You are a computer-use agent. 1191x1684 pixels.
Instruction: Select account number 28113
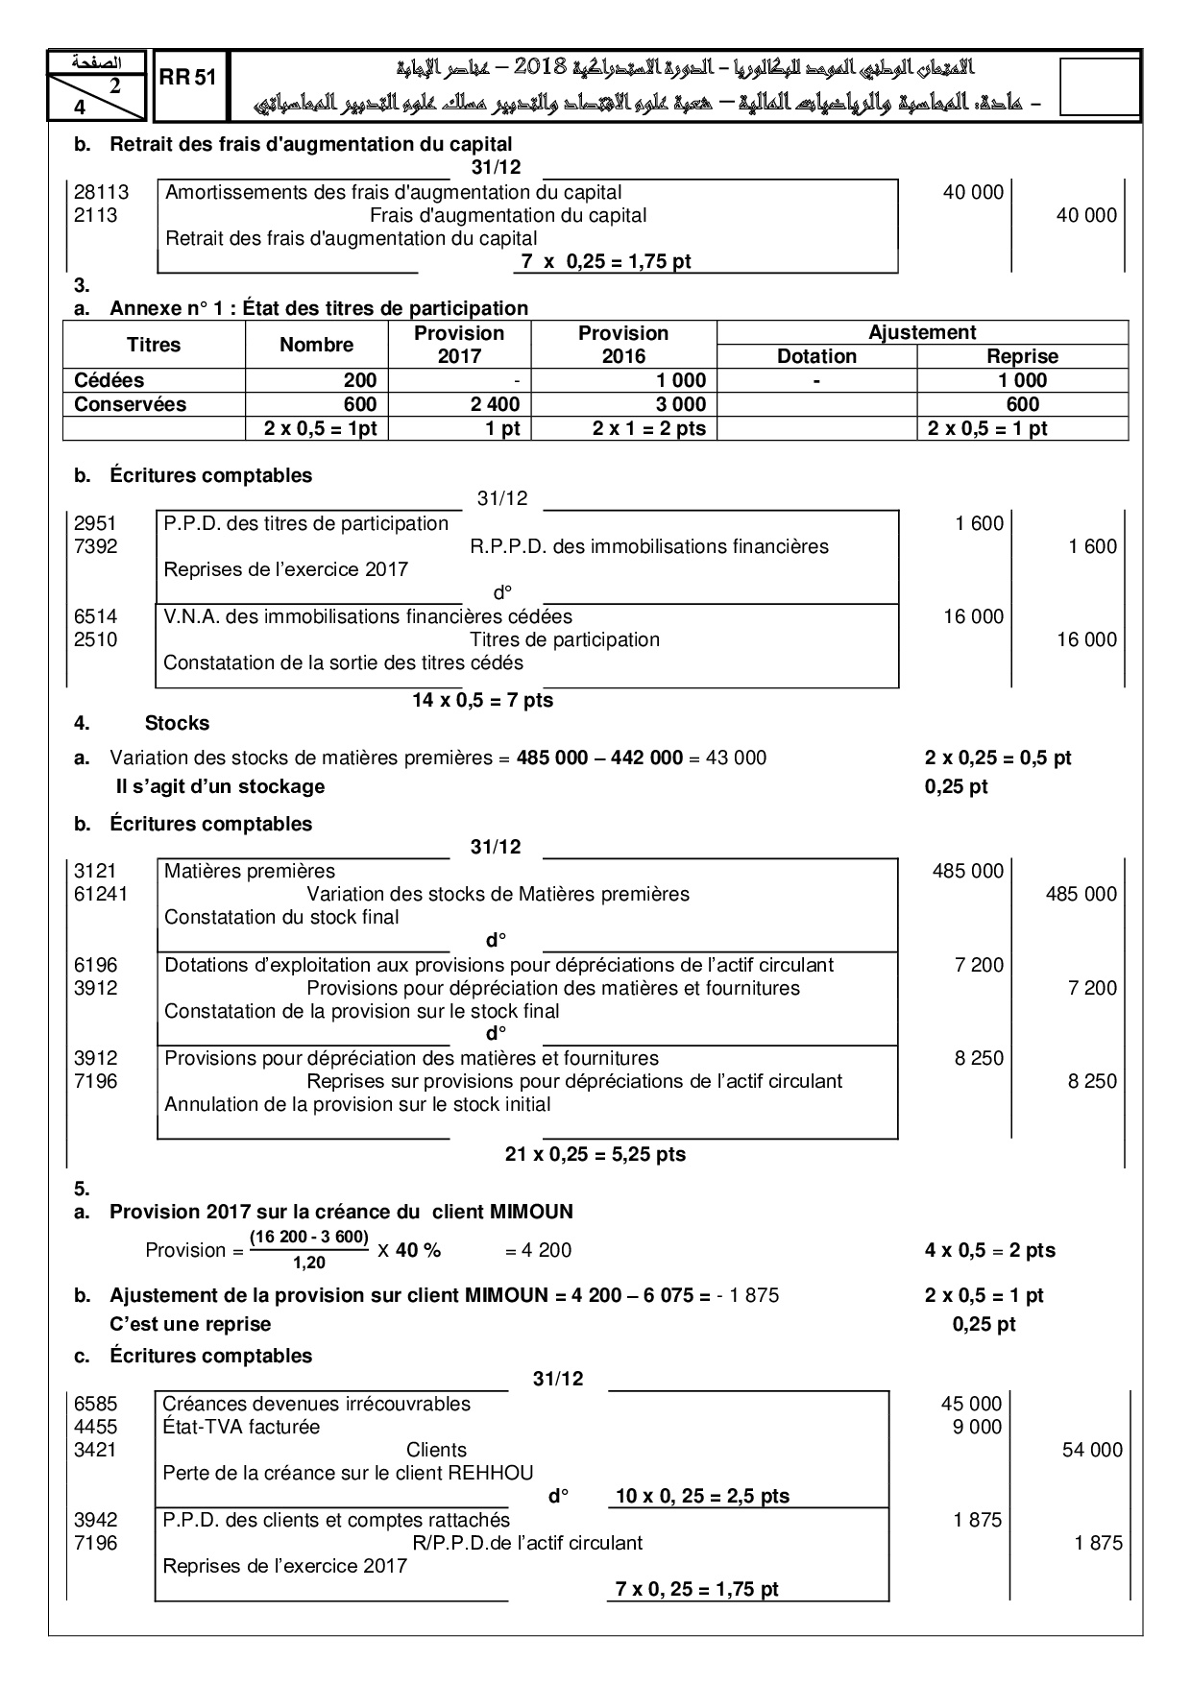(101, 192)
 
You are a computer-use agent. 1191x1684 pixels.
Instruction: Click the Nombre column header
(316, 345)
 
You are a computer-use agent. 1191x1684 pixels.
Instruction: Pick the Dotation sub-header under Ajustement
(816, 356)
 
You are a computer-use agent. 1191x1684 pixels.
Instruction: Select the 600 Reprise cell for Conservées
(1022, 404)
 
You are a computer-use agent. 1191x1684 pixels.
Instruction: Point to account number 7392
(95, 546)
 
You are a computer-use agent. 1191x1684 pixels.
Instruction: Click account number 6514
(95, 616)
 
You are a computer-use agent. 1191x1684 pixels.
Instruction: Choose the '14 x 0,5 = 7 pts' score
(482, 700)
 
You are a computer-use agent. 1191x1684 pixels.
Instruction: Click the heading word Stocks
(177, 723)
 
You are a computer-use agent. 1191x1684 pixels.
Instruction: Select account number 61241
(101, 894)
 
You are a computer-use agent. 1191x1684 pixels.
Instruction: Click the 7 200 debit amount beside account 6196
(979, 965)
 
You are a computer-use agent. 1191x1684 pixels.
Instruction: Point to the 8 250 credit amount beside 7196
(1092, 1081)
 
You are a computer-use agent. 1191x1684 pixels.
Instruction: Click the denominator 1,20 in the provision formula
(308, 1263)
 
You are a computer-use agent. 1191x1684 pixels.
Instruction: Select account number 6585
(95, 1404)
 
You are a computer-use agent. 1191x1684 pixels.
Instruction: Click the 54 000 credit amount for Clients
(1091, 1450)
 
